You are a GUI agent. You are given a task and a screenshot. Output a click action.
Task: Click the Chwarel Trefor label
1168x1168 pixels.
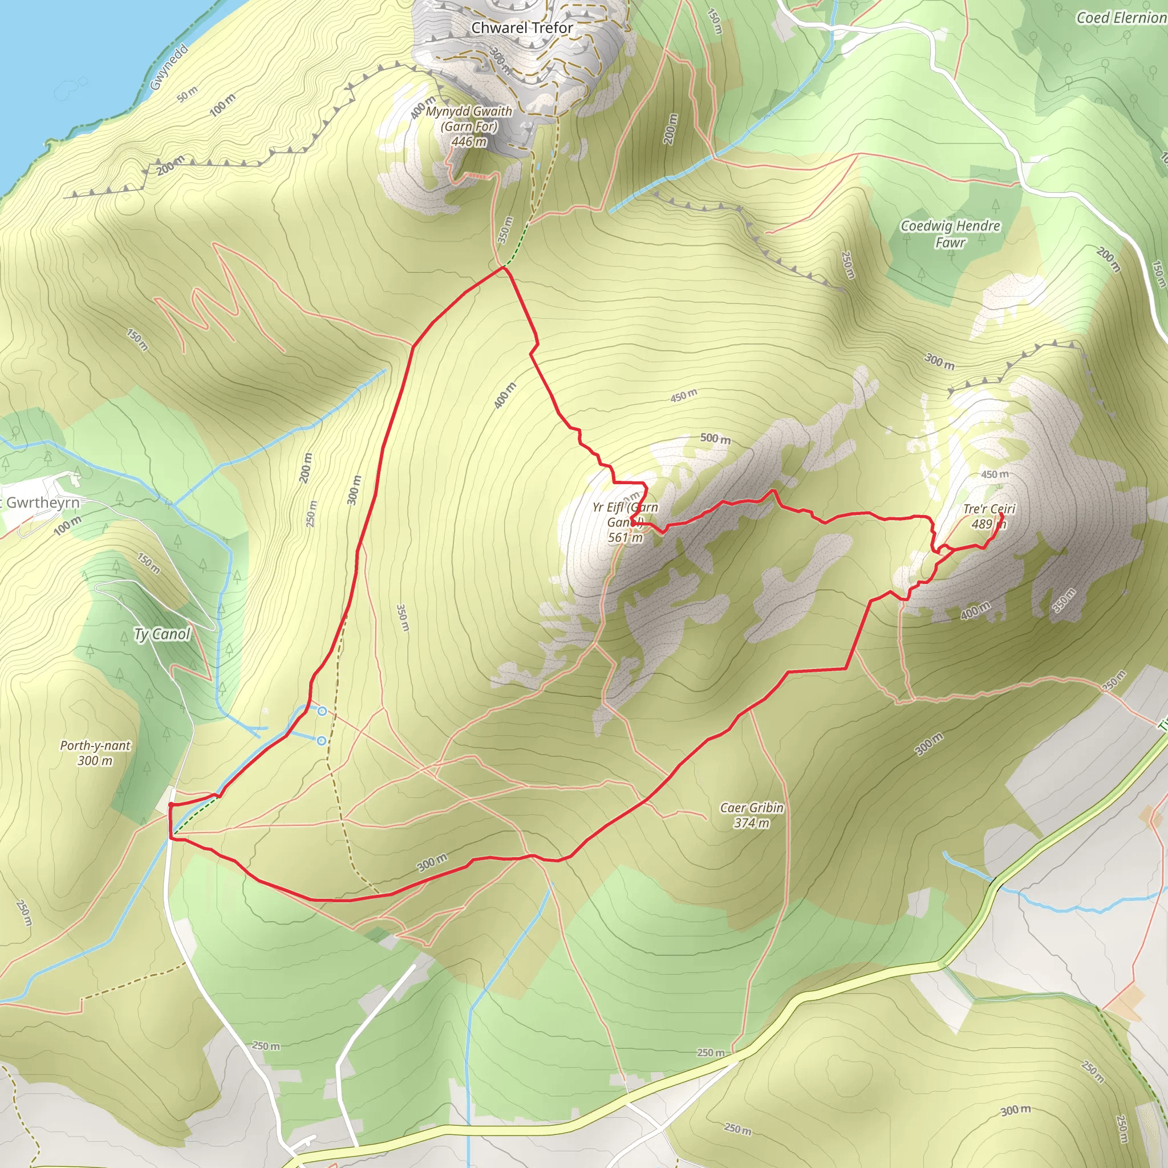(x=522, y=28)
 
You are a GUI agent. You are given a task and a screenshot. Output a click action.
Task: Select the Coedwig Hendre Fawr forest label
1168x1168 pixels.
(x=950, y=233)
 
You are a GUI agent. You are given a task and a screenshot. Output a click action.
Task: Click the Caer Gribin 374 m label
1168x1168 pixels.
(x=752, y=815)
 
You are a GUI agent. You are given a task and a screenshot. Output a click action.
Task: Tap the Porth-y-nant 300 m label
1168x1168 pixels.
(x=95, y=753)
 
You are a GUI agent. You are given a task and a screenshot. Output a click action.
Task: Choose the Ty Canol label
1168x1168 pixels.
(x=162, y=634)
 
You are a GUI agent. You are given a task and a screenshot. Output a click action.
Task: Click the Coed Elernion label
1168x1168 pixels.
(x=1121, y=18)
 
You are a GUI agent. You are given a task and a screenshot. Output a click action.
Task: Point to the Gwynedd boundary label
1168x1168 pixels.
(x=169, y=67)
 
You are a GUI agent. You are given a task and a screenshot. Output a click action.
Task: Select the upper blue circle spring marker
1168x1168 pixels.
(x=322, y=712)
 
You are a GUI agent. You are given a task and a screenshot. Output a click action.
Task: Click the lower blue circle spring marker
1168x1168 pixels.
(x=322, y=741)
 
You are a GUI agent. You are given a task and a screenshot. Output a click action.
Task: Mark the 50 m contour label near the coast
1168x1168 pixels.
(x=188, y=94)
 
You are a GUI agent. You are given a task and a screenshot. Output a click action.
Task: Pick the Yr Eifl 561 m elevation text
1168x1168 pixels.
(x=625, y=537)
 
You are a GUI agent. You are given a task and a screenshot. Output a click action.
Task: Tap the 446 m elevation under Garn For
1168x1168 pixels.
(x=469, y=141)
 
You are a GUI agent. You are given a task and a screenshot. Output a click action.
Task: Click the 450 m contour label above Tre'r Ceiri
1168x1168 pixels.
(x=995, y=474)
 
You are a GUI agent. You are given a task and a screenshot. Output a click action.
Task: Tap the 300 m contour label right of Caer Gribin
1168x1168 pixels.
(x=928, y=745)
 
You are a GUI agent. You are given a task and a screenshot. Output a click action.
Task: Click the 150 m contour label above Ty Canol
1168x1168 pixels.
(x=148, y=563)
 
